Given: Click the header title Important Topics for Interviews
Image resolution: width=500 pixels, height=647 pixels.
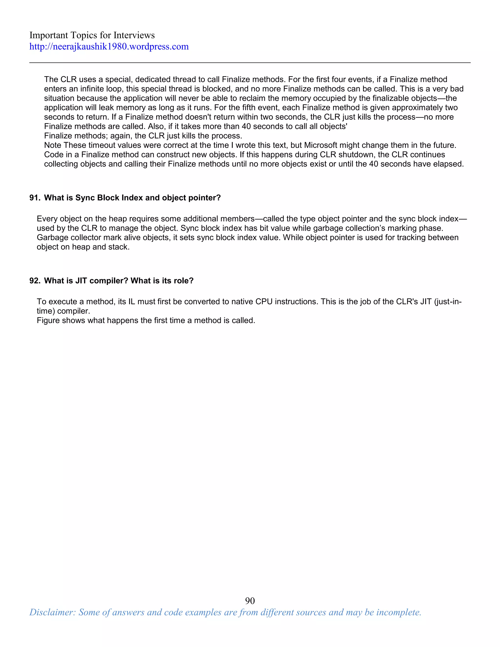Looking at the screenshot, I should [92, 35].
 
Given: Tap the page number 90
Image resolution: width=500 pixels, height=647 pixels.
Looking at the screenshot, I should [250, 601].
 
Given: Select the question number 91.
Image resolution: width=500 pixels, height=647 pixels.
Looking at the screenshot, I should [34, 198].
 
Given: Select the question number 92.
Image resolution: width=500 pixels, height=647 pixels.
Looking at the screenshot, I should [34, 281].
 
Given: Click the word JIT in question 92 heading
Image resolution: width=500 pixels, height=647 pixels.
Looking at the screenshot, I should [81, 281].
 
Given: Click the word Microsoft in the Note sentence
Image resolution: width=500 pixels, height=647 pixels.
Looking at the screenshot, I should [321, 146].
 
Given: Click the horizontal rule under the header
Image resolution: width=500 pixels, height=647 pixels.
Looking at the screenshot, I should [250, 63].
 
